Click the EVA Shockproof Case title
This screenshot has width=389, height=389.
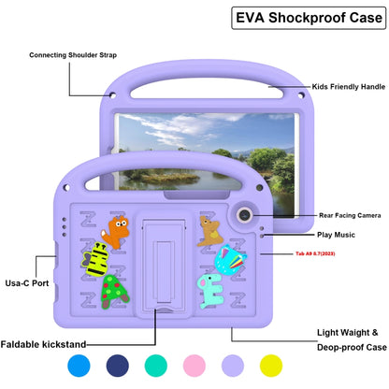pos(309,18)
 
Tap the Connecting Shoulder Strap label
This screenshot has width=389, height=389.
pos(73,55)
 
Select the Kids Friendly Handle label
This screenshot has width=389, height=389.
pos(349,87)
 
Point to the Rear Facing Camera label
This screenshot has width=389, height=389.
pos(350,215)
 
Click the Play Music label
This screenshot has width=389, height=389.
pos(336,235)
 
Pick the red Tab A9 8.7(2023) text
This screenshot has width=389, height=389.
pos(315,253)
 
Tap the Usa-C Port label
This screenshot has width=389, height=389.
pos(27,283)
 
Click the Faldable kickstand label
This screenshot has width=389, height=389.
pos(43,344)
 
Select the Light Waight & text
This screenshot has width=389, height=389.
pos(347,333)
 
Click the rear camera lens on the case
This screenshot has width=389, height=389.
pos(244,214)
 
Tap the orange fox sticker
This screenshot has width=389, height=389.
pos(115,232)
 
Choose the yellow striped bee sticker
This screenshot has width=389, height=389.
pos(95,259)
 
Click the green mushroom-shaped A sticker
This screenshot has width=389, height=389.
pos(114,292)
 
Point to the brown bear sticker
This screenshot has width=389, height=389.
pos(209,231)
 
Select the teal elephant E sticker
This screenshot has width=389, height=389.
pos(210,291)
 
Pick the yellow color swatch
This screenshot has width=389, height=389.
pos(271,366)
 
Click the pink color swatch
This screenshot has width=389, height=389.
pos(194,366)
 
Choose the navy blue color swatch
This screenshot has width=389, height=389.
pos(118,366)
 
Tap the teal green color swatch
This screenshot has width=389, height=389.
pos(156,366)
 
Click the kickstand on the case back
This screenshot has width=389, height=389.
pos(164,266)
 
